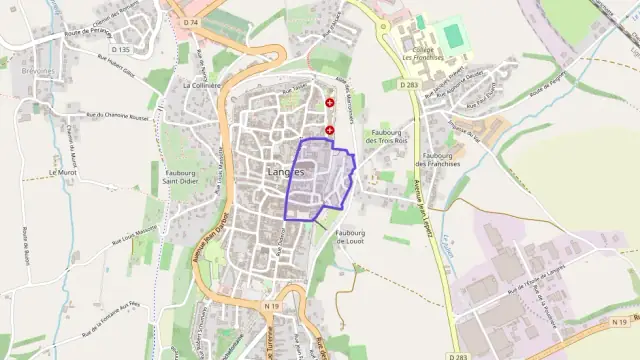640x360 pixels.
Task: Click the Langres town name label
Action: point(286,171)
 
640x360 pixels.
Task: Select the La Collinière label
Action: point(201,86)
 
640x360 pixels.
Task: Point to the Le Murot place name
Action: point(62,172)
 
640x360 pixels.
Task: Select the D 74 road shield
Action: point(192,21)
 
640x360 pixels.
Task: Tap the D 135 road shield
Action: point(121,49)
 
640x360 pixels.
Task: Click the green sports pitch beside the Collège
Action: point(455,36)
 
